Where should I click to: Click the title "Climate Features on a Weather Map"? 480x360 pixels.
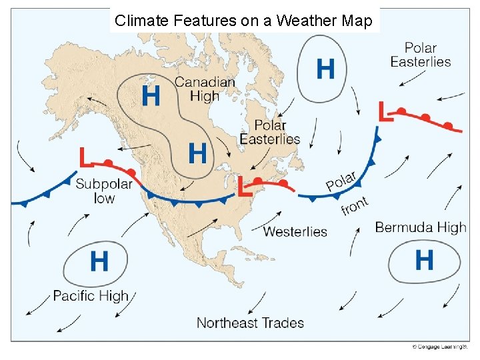[243, 21]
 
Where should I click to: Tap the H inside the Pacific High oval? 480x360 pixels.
[99, 261]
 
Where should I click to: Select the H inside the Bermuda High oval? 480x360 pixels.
[424, 259]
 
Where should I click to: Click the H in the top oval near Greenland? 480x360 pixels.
[325, 68]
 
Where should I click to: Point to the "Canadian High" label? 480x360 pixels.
[205, 89]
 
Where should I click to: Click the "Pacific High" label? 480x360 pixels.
[91, 295]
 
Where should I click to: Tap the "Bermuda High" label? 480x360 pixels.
[421, 227]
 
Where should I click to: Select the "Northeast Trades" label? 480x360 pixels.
[250, 323]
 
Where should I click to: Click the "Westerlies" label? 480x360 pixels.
[295, 232]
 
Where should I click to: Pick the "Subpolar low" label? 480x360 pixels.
[104, 191]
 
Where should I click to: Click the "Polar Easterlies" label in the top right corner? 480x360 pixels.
[421, 55]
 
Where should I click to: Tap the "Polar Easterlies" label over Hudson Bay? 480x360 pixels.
[270, 132]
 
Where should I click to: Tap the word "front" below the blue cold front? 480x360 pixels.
[354, 206]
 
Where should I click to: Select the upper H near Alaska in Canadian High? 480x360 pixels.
[151, 96]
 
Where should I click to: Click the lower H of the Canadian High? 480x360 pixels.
[197, 153]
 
